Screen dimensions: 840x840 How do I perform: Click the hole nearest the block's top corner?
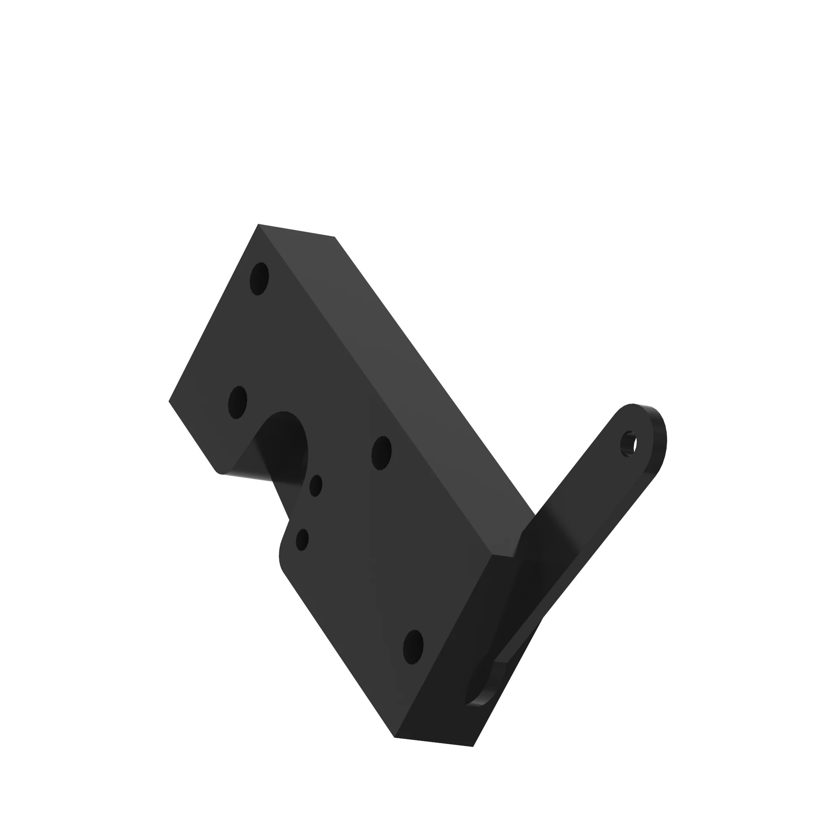259,279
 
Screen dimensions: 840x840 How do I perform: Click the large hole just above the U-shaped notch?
238,402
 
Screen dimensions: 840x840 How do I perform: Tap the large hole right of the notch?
381,453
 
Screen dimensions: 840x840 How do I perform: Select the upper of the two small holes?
316,486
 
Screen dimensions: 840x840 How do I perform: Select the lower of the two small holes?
302,540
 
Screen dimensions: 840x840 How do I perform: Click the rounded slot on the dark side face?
480,691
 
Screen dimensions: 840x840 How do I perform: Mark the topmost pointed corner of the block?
258,224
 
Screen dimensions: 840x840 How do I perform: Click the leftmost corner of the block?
169,401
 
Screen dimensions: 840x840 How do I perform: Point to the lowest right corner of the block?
472,746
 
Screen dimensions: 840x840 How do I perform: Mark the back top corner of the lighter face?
334,237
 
